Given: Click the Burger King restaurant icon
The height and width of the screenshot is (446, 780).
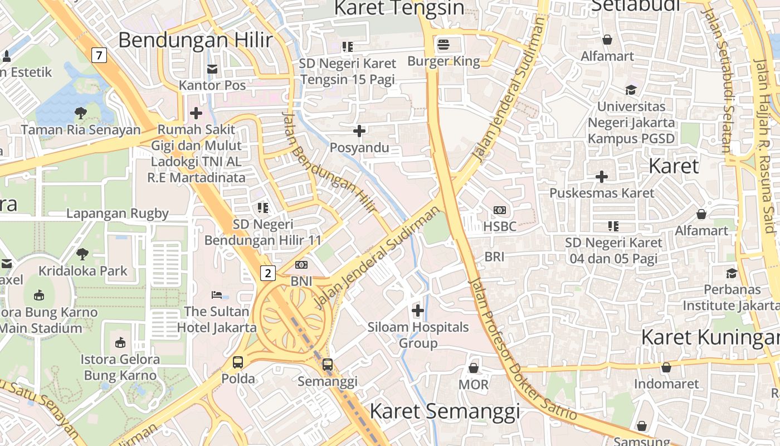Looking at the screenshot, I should coord(444,44).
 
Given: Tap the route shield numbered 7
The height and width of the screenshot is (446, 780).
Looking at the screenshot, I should coord(99,55).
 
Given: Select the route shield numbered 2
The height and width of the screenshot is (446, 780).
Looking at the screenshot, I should coord(268,273).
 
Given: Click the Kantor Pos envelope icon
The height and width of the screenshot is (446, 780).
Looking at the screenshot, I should coord(212,69).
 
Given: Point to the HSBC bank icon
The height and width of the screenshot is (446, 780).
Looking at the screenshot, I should coord(500,210).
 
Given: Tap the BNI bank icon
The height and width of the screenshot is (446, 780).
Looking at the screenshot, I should coord(301,265).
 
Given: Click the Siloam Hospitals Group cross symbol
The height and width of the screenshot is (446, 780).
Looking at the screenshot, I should coord(418,311).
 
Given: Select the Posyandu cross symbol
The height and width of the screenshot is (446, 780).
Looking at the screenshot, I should coord(359,131).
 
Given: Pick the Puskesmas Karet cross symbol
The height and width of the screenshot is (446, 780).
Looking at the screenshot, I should coord(602,177).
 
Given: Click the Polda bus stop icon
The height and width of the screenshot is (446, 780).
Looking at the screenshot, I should coord(238,362).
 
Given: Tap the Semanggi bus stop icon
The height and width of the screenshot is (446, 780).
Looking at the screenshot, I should coord(328,365).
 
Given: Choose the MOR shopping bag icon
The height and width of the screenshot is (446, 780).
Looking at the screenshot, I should coord(473,368).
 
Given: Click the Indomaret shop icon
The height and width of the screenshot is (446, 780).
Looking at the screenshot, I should coord(666,367).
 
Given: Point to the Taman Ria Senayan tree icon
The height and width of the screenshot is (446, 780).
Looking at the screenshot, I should coord(81,113).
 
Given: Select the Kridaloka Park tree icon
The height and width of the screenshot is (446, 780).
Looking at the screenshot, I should coord(83,254).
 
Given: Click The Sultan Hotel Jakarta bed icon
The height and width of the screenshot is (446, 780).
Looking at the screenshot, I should coord(217,294).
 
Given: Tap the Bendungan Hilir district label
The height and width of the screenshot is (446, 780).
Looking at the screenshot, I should coord(196,40).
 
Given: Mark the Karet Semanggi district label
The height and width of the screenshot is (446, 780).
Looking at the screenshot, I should coord(445,411).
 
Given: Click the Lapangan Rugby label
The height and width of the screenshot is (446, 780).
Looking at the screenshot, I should coord(118,214).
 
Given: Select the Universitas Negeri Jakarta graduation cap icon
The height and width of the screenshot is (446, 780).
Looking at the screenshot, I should coord(631,90).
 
